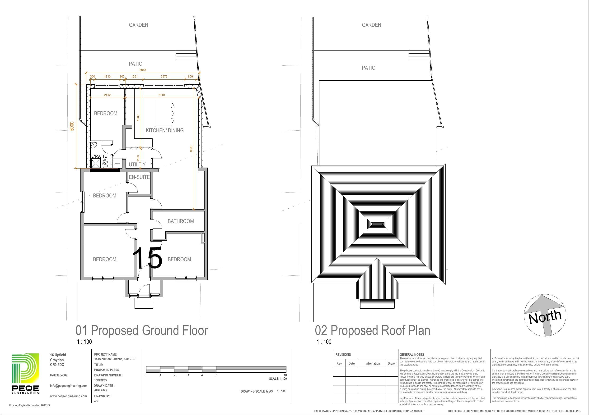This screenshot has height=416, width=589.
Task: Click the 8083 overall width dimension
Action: point(143,70)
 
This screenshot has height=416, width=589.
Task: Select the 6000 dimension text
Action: point(72,126)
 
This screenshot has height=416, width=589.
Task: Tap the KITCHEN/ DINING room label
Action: point(164,130)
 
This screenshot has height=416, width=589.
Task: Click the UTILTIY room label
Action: point(137,165)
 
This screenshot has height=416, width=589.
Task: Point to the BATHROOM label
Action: point(181,221)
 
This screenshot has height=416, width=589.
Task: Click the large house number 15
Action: point(148,258)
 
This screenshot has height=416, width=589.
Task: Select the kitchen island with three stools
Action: point(163,113)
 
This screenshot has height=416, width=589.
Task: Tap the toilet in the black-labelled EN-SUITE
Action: point(105,163)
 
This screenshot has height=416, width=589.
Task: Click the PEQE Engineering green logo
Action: point(25,373)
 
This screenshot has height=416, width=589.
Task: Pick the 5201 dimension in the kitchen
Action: point(162,95)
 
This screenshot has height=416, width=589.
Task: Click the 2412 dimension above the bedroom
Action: point(107,95)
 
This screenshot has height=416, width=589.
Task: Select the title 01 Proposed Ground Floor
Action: point(141,330)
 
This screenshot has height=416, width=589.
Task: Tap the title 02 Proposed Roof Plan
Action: point(372,330)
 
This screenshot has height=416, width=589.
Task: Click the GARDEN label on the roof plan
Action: point(371,25)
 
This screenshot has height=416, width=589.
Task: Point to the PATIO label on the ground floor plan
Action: point(136,64)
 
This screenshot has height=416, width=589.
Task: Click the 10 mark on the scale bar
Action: point(285,375)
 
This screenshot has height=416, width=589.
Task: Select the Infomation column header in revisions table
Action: point(373,363)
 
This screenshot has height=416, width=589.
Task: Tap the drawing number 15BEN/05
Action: point(100,380)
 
